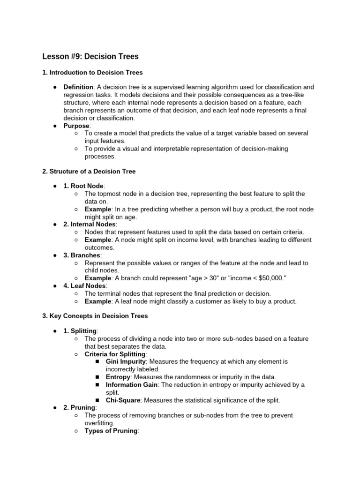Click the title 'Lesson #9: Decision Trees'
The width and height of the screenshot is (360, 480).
(x=90, y=57)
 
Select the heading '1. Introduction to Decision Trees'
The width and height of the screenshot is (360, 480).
(x=92, y=73)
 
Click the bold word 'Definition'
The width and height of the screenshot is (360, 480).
(x=79, y=87)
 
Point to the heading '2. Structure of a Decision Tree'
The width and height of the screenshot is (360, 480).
(x=89, y=172)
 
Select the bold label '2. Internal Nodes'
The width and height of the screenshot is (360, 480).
(x=90, y=225)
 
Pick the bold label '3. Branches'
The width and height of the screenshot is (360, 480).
(x=82, y=255)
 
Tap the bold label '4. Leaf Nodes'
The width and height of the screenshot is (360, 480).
(x=85, y=286)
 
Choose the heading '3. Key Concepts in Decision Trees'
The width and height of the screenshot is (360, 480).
(x=95, y=316)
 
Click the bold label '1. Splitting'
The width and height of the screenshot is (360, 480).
(x=80, y=331)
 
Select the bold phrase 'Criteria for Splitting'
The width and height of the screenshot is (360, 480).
(x=115, y=354)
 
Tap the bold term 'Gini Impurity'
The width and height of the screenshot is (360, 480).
(x=126, y=362)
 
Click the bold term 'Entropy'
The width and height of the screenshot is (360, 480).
(x=118, y=377)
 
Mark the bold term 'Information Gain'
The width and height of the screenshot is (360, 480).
(x=132, y=385)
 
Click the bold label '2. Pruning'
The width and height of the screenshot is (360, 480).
(x=79, y=408)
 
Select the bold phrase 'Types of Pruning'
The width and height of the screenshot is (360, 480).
(x=111, y=431)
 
